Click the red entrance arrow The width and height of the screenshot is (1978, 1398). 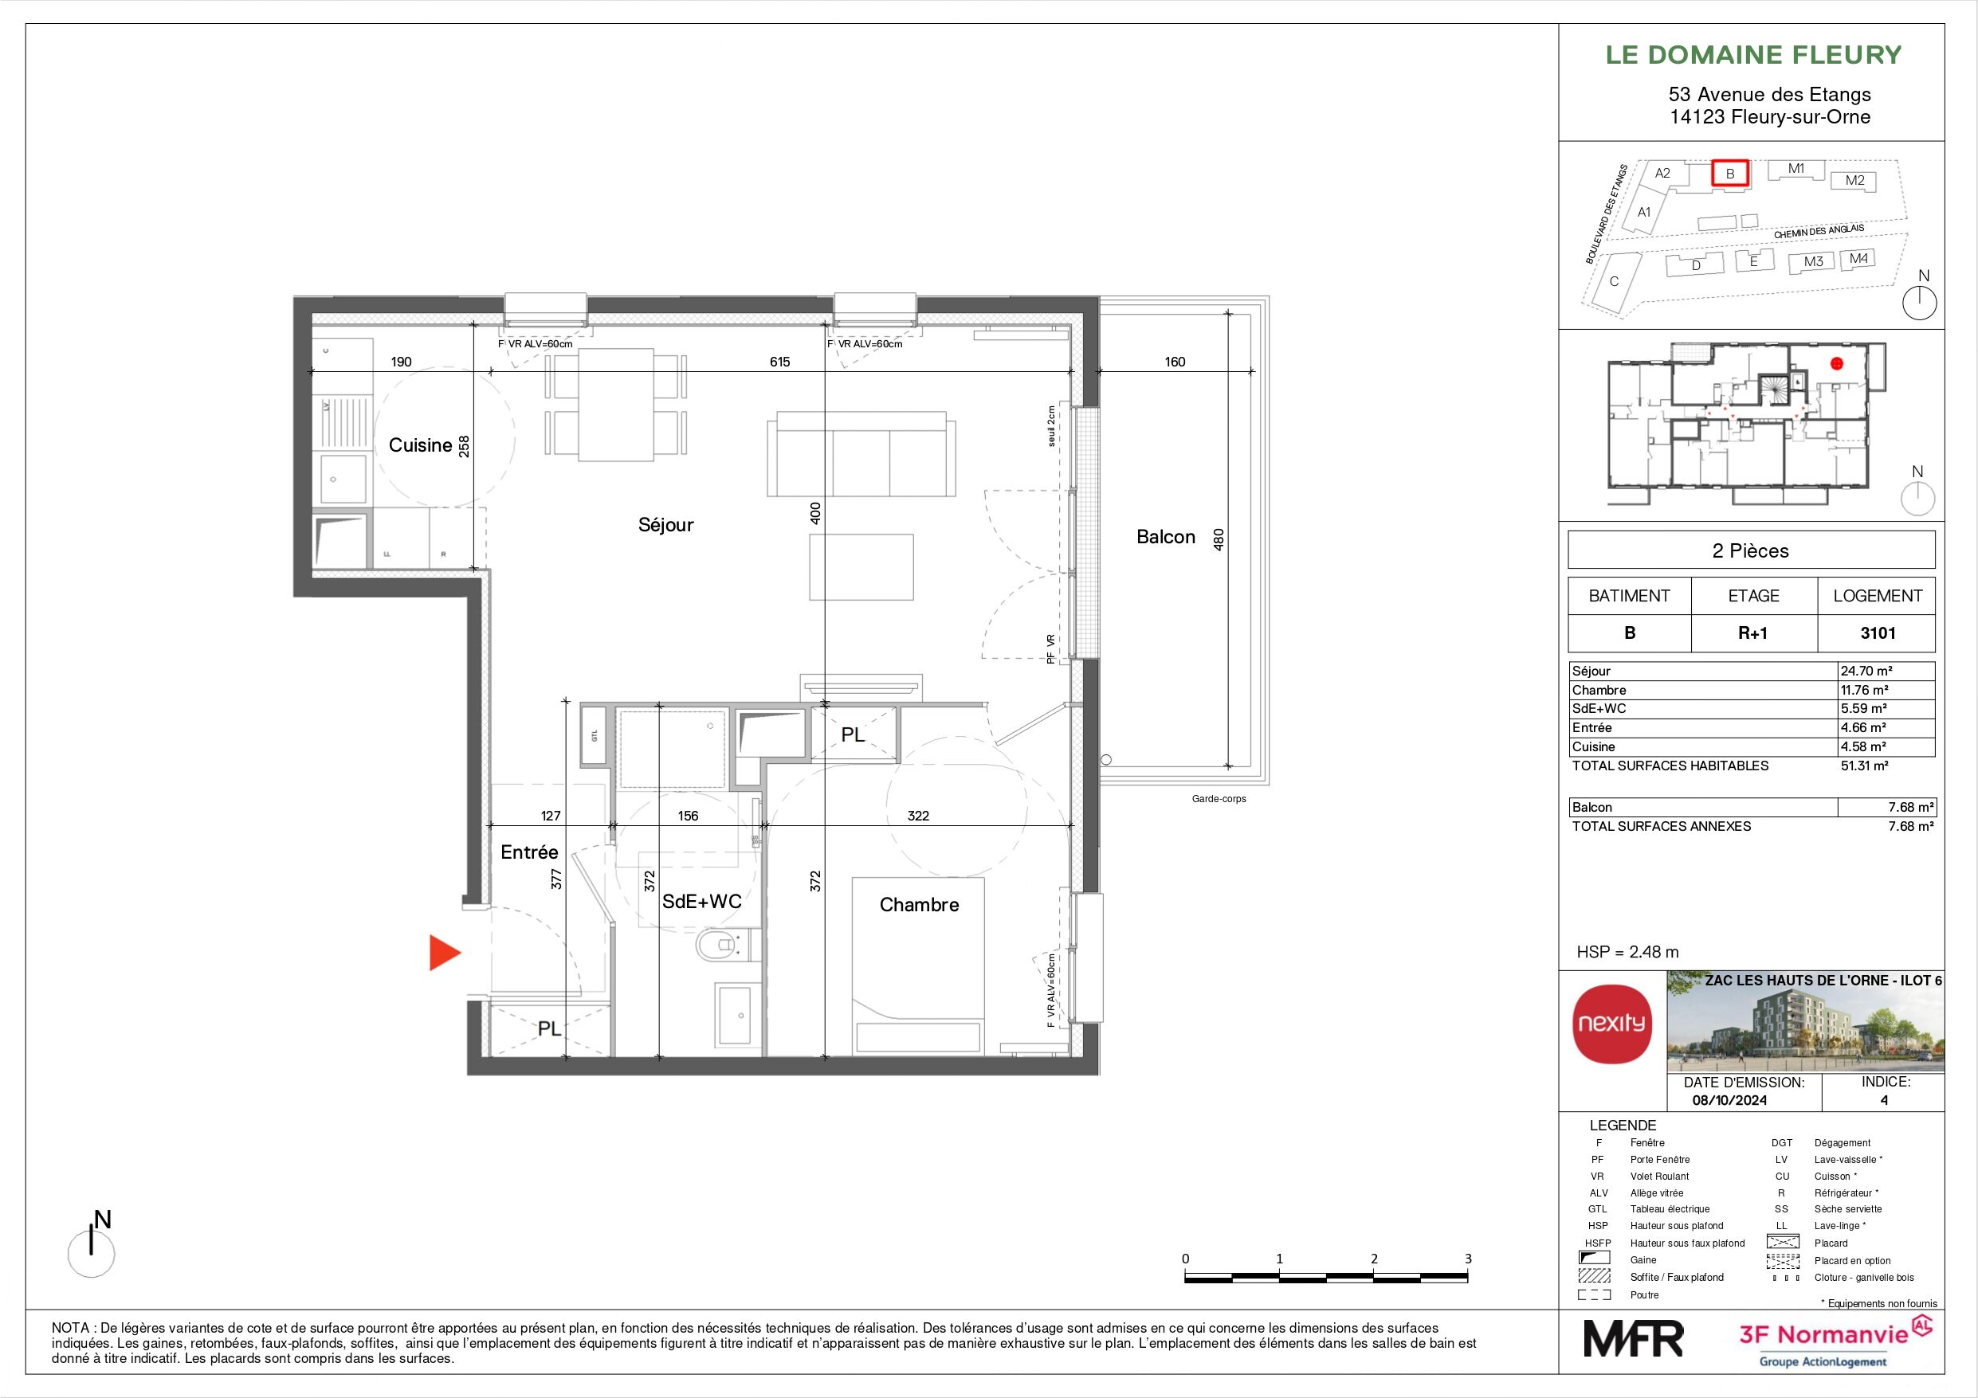(x=445, y=953)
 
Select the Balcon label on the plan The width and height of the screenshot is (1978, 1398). (x=1166, y=538)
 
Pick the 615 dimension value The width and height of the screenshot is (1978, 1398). (x=779, y=362)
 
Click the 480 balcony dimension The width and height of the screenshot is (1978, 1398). (x=1219, y=539)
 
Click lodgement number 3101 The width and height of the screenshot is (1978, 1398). (x=1878, y=633)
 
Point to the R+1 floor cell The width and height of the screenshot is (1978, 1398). (x=1753, y=633)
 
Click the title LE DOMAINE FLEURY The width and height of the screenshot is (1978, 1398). (x=1753, y=55)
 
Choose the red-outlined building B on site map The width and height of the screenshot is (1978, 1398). (x=1730, y=173)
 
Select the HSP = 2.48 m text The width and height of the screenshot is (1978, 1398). (x=1627, y=952)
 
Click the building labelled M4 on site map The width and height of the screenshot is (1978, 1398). (x=1858, y=258)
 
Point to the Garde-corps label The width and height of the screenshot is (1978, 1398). (x=1219, y=798)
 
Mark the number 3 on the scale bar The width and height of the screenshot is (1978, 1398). (x=1468, y=1259)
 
